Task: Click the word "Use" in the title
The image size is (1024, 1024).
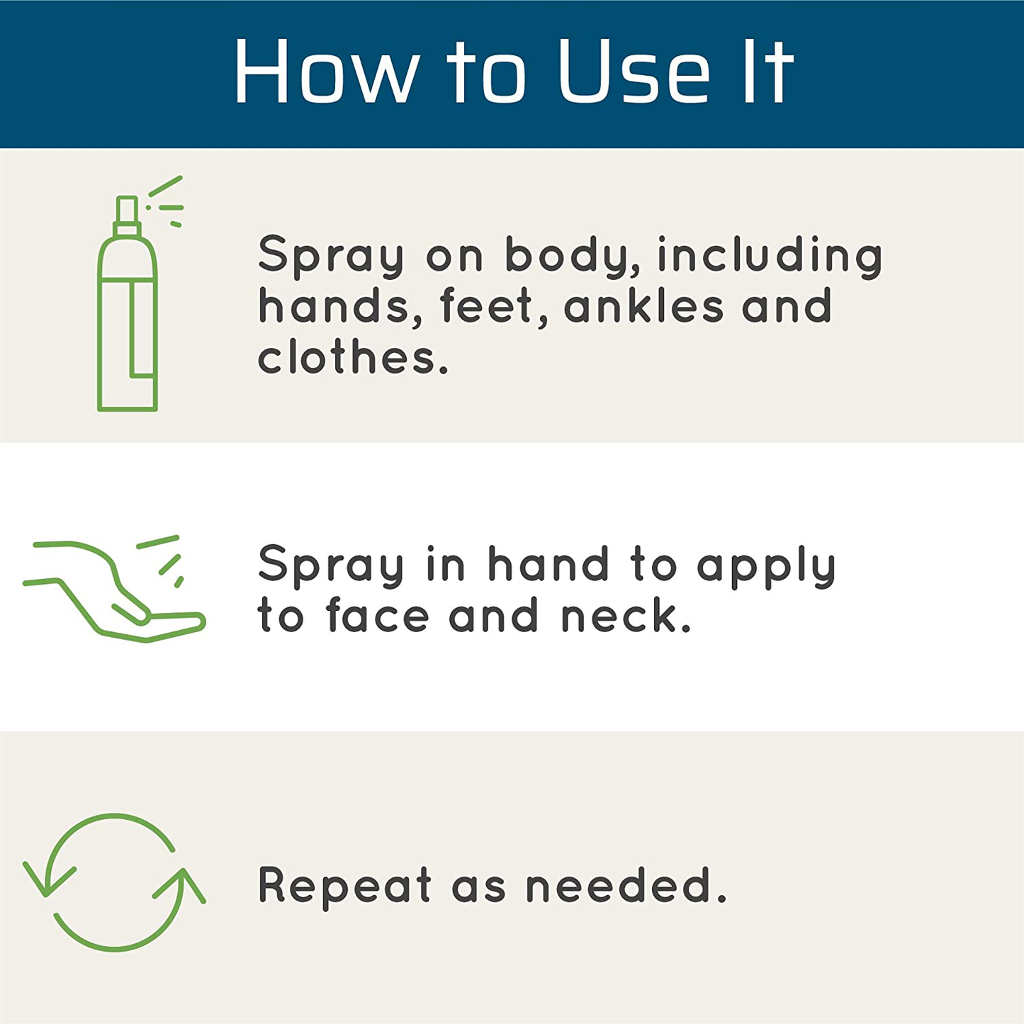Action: (634, 71)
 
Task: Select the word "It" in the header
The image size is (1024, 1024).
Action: (768, 71)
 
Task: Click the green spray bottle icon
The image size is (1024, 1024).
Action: (140, 294)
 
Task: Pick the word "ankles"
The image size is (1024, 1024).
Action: (643, 306)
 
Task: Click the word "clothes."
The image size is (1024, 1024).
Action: (354, 357)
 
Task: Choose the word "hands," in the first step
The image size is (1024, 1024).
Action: (341, 306)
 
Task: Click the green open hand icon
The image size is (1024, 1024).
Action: (114, 589)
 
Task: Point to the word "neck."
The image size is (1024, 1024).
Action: (626, 615)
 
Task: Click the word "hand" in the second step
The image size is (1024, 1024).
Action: (548, 563)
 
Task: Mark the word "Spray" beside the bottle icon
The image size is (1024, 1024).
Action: (330, 257)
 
